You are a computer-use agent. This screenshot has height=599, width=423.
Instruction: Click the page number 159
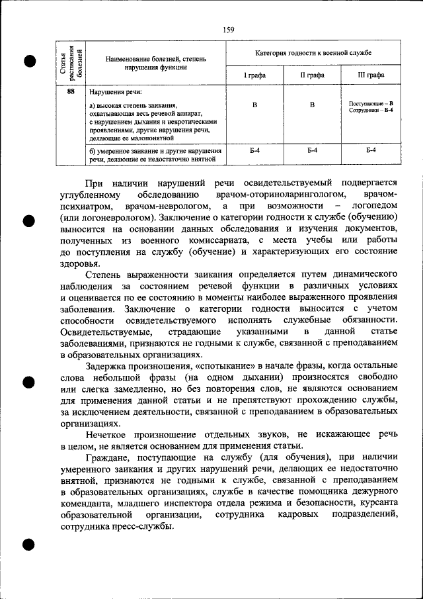point(229,29)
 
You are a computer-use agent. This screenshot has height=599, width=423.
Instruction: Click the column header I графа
point(254,75)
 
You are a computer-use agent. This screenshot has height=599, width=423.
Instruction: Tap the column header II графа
point(312,75)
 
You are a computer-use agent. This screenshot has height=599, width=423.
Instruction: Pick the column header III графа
point(371,75)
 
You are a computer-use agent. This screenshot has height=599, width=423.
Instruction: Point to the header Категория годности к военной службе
point(313,52)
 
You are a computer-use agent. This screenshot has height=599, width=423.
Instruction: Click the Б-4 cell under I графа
point(254,152)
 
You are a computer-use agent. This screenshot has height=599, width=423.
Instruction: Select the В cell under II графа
point(312,105)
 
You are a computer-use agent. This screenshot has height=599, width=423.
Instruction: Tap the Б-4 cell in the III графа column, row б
point(371,152)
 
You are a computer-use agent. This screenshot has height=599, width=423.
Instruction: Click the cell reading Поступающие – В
point(371,104)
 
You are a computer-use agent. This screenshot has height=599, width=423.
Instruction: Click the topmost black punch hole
point(30,61)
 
